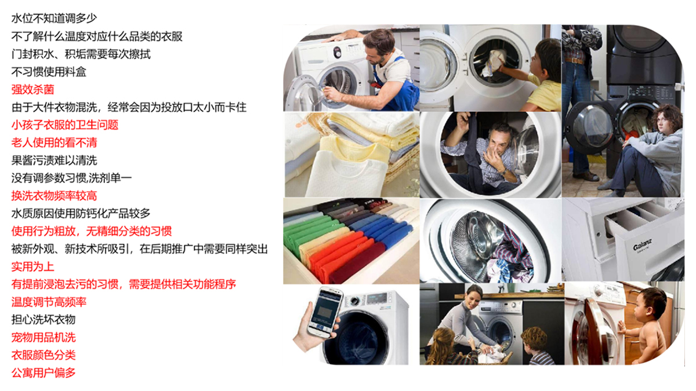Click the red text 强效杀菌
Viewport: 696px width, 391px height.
pyautogui.click(x=32, y=90)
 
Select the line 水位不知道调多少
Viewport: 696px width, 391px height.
pyautogui.click(x=54, y=19)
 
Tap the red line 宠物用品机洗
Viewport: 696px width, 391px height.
pyautogui.click(x=43, y=337)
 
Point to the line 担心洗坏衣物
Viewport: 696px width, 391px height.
pyautogui.click(x=43, y=320)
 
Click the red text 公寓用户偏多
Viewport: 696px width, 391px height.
pyautogui.click(x=43, y=372)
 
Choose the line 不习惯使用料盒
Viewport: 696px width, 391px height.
pyautogui.click(x=49, y=72)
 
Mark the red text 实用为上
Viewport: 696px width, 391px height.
pyautogui.click(x=32, y=266)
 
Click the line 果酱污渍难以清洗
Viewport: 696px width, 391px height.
pyautogui.click(x=54, y=160)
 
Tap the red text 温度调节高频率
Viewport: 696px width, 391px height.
pyautogui.click(x=49, y=302)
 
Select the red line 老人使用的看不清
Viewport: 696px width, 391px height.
pyautogui.click(x=54, y=142)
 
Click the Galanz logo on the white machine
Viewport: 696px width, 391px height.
pyautogui.click(x=642, y=246)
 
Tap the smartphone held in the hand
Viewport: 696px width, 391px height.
pyautogui.click(x=325, y=312)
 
